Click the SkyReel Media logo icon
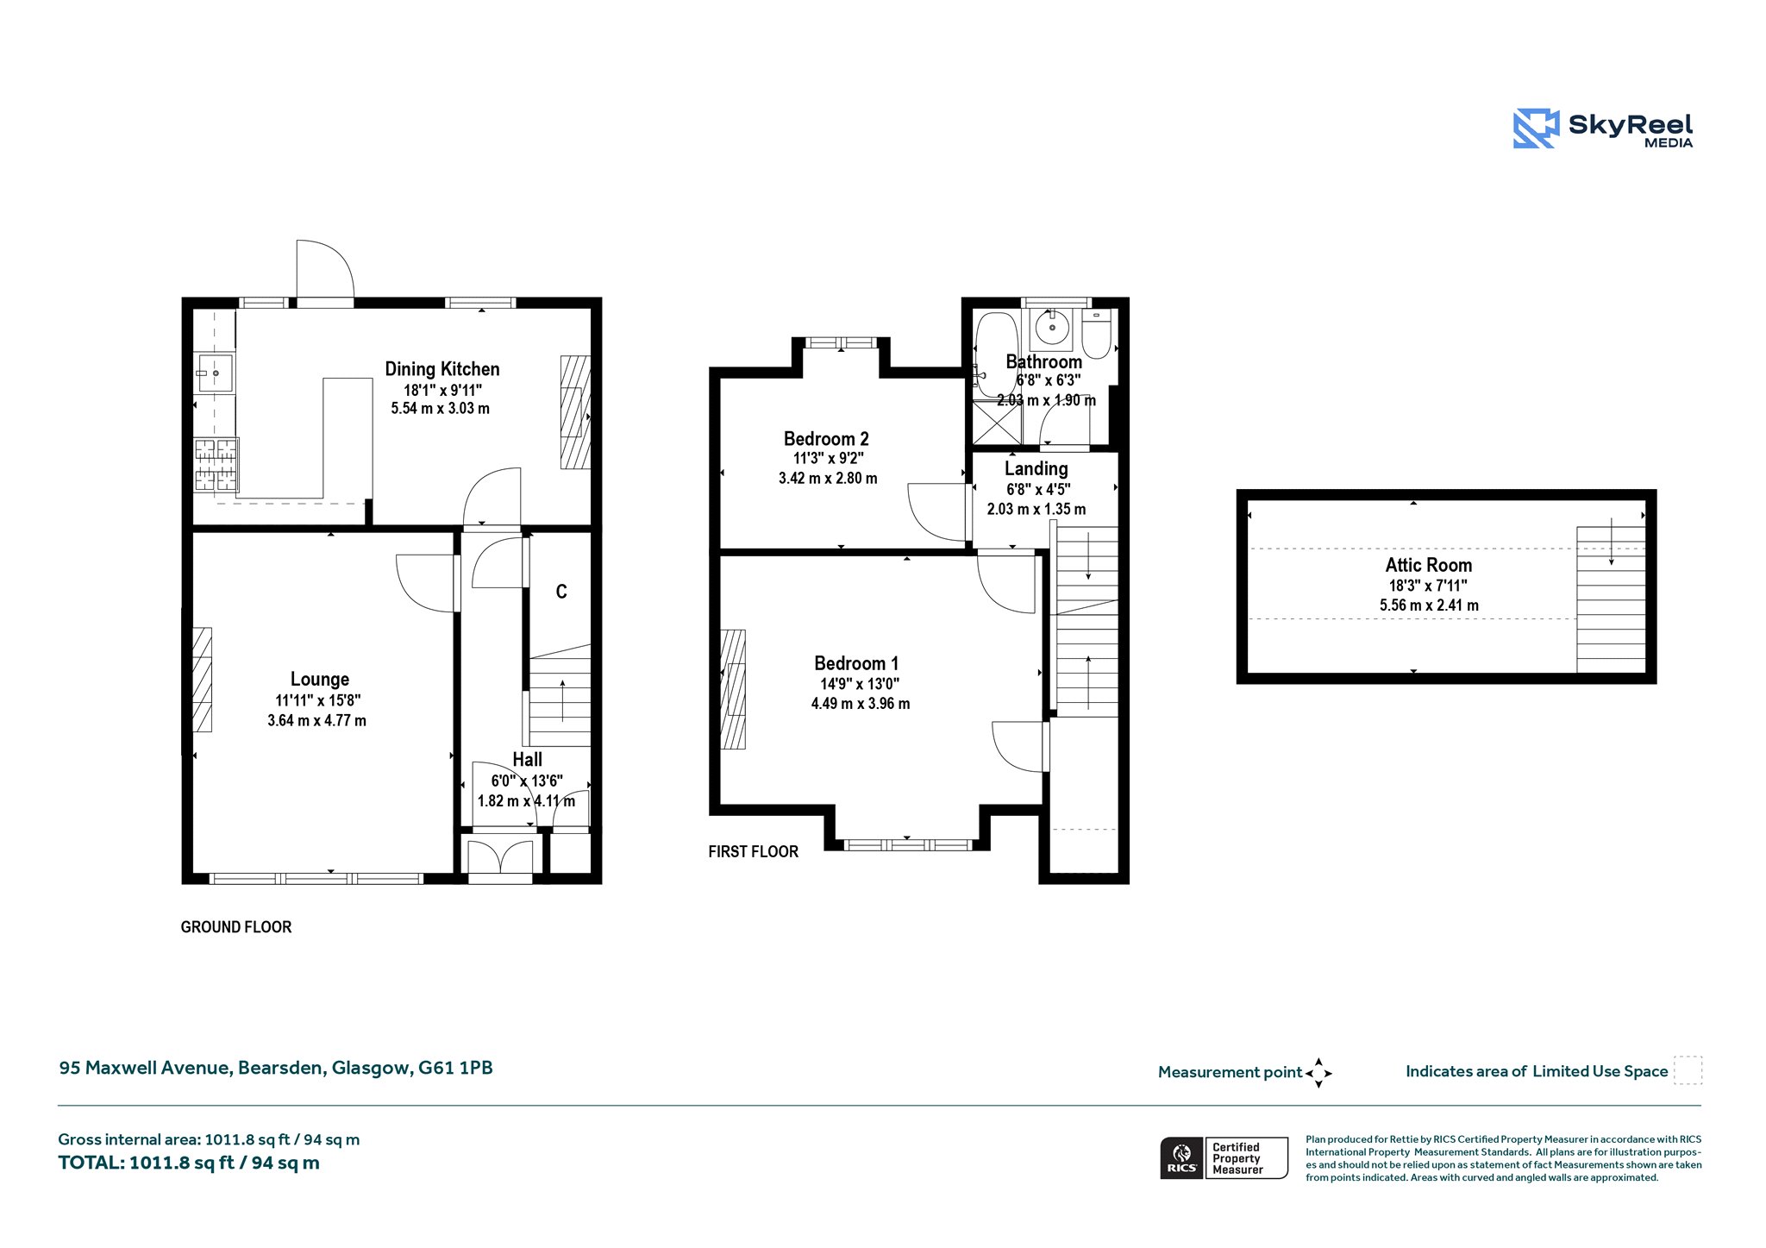click(1536, 129)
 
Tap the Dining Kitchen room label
click(442, 369)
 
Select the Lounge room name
click(320, 680)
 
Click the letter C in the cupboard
click(561, 592)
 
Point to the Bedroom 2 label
click(826, 439)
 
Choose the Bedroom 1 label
click(856, 663)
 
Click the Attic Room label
click(1429, 566)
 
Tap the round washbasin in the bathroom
click(1052, 328)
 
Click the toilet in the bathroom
click(1097, 335)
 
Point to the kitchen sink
click(215, 373)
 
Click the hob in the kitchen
click(216, 465)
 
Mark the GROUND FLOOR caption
click(236, 927)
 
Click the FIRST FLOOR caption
click(753, 852)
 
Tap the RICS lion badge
click(1182, 1157)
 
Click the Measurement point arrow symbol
click(1318, 1073)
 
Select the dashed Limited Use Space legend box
click(1688, 1070)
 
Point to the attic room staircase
click(1611, 599)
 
